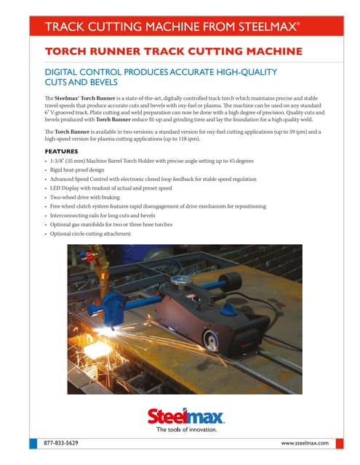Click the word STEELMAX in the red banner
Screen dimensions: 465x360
pos(269,28)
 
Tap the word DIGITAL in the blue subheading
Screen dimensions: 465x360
pos(65,73)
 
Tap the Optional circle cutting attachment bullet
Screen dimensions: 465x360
pos(90,233)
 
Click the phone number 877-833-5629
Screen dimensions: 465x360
pos(61,442)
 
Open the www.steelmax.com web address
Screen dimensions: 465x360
pos(305,442)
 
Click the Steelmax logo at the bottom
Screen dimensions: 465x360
pos(186,416)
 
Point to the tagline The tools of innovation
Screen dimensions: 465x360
pos(187,429)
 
